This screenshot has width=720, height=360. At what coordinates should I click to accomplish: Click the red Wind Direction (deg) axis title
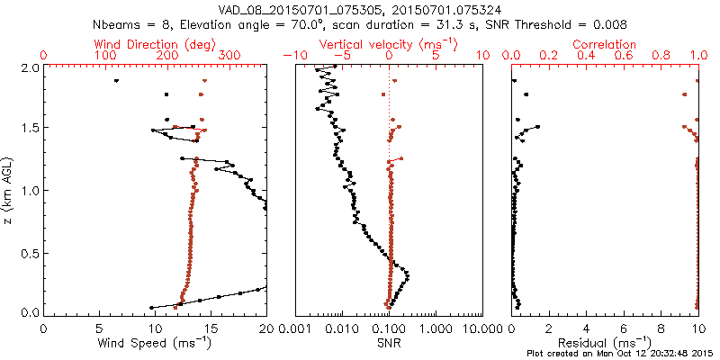[x=156, y=43]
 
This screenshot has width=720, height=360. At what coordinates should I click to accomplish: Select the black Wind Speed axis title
[x=156, y=343]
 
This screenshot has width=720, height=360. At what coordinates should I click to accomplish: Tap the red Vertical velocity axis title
[x=390, y=43]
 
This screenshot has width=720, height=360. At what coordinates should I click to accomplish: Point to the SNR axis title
[x=390, y=343]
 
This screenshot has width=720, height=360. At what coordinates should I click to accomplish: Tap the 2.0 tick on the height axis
[x=29, y=67]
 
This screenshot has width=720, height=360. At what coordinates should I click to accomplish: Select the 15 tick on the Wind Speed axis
[x=211, y=327]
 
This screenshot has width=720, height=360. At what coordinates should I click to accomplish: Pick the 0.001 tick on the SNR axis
[x=296, y=327]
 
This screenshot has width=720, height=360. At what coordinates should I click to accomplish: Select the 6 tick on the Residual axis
[x=624, y=327]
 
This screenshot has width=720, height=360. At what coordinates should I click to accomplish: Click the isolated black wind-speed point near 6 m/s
[x=116, y=81]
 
